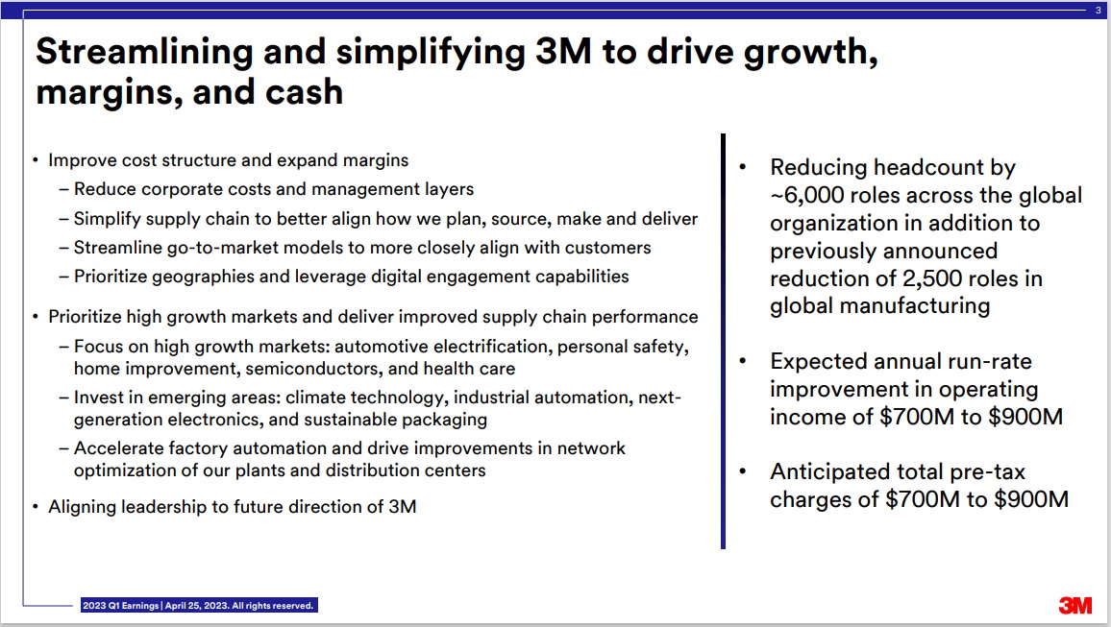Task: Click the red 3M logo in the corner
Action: click(1074, 605)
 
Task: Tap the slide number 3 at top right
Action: click(1099, 11)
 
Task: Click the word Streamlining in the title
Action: click(144, 52)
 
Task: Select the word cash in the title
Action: click(304, 92)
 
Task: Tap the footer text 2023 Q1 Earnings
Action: click(120, 606)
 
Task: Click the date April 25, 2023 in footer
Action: click(196, 606)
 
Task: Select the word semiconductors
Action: click(311, 369)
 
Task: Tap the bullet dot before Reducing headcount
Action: click(743, 167)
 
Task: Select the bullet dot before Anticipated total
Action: click(743, 471)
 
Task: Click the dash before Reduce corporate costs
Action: click(63, 190)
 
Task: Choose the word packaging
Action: click(444, 421)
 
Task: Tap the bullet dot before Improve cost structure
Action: click(36, 160)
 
